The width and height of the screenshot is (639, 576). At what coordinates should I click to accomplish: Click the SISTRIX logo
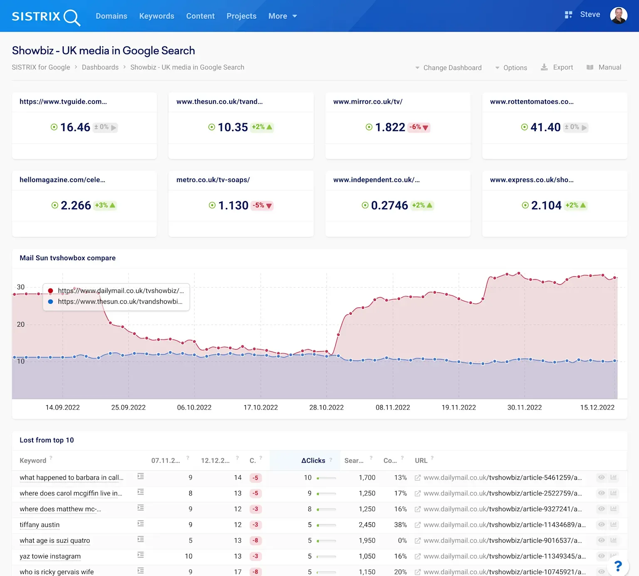pyautogui.click(x=46, y=17)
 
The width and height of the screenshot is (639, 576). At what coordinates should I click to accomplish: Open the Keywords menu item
pyautogui.click(x=156, y=16)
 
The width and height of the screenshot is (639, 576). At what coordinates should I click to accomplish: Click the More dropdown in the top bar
pyautogui.click(x=282, y=16)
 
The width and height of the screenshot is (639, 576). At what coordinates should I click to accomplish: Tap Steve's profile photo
pyautogui.click(x=618, y=16)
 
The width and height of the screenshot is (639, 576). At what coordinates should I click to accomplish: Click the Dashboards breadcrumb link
pyautogui.click(x=100, y=67)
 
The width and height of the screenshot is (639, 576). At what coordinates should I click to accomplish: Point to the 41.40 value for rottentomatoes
pyautogui.click(x=545, y=127)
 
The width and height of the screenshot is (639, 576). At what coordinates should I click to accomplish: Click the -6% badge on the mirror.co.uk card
pyautogui.click(x=419, y=127)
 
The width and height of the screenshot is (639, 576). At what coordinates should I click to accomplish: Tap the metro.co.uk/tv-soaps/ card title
pyautogui.click(x=213, y=180)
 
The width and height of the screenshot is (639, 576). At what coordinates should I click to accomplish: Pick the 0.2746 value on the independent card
pyautogui.click(x=389, y=206)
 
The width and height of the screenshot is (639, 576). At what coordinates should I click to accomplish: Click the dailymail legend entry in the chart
pyautogui.click(x=121, y=291)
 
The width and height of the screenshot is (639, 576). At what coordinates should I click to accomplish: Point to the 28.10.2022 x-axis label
pyautogui.click(x=326, y=407)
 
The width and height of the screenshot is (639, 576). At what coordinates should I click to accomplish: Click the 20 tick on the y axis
pyautogui.click(x=21, y=325)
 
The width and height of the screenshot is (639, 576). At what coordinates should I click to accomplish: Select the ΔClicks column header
pyautogui.click(x=313, y=461)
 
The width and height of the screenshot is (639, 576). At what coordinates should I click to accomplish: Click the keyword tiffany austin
pyautogui.click(x=40, y=525)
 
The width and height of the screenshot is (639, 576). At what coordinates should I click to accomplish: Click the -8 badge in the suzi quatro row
pyautogui.click(x=255, y=541)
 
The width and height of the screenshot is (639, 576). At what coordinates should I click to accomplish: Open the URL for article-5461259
pyautogui.click(x=502, y=478)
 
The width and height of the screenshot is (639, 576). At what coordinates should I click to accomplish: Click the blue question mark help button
pyautogui.click(x=618, y=566)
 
